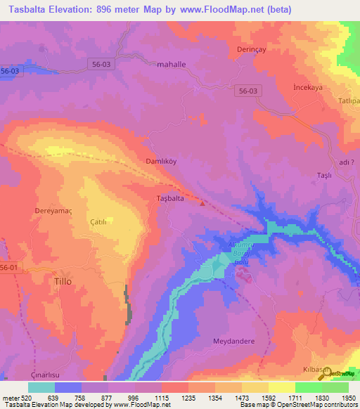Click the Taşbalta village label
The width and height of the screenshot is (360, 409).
pos(169,199)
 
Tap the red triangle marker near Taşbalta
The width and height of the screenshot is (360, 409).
pos(202,204)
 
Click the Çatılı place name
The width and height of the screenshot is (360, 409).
pos(98,221)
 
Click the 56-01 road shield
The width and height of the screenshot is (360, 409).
pos(9,268)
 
